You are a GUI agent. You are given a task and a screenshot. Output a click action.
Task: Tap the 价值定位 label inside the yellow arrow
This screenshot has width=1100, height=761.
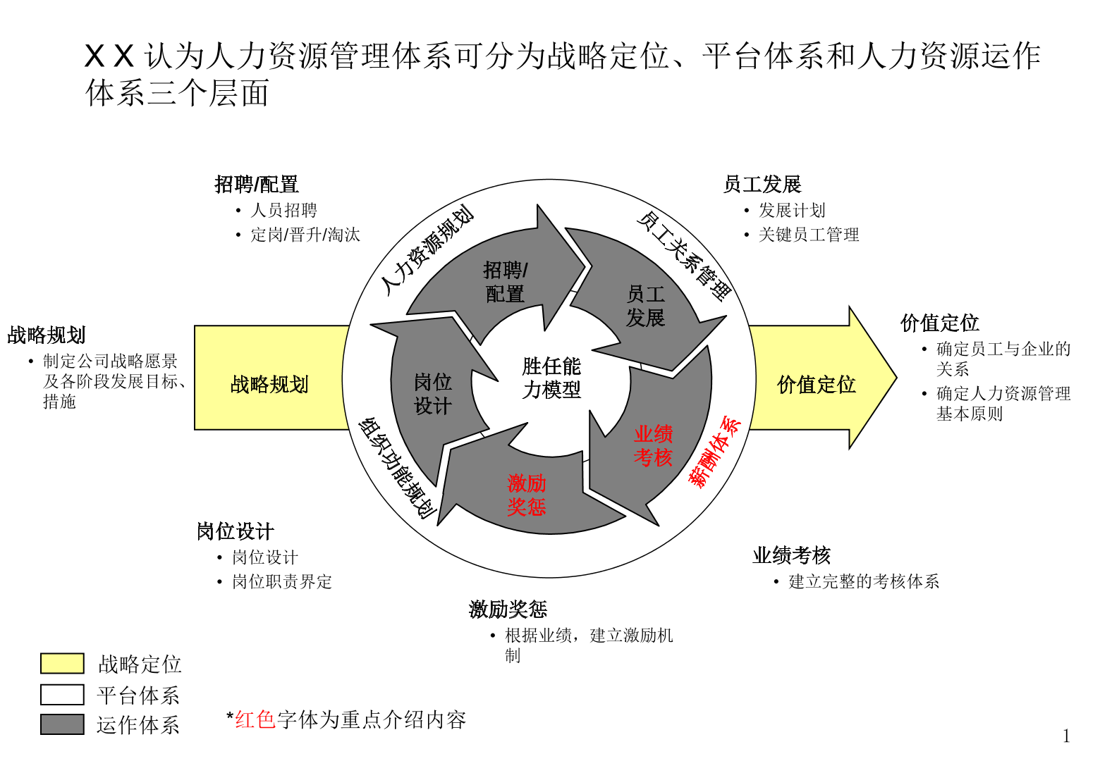click(816, 384)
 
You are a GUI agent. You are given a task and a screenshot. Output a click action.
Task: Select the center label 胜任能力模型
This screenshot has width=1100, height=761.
click(551, 378)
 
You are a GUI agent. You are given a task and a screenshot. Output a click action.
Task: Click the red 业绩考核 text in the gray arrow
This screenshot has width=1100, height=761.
click(653, 445)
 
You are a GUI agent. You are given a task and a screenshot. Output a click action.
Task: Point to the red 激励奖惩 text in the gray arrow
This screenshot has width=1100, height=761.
click(526, 495)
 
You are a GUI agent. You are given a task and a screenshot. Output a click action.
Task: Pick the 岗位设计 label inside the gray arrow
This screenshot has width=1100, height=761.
click(432, 394)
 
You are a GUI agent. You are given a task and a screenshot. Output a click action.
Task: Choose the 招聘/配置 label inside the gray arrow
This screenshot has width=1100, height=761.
click(505, 282)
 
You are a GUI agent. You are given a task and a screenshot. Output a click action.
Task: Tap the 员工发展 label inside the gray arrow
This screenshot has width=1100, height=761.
click(645, 306)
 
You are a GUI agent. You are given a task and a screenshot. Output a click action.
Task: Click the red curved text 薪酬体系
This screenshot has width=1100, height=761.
click(716, 452)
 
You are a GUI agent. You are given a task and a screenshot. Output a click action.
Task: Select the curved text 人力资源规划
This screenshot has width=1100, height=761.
click(427, 250)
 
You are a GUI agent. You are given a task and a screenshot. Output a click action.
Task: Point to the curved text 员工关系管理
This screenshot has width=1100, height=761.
click(685, 256)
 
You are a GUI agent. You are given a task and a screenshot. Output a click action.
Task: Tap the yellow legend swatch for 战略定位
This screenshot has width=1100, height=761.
click(62, 664)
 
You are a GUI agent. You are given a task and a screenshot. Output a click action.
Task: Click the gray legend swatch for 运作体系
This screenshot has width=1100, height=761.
click(62, 724)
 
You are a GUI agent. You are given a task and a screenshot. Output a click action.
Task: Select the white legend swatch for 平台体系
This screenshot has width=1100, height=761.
click(62, 695)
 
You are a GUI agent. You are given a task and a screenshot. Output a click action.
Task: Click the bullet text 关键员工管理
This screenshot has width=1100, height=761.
click(809, 235)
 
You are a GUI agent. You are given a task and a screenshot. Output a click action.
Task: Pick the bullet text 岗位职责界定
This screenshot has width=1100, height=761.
click(282, 581)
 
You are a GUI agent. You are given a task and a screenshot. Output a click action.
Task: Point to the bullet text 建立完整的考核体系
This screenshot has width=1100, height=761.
click(864, 581)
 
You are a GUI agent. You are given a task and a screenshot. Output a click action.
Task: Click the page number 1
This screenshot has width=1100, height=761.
click(1066, 736)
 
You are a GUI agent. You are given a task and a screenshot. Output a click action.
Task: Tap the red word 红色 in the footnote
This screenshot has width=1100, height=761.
click(255, 719)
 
